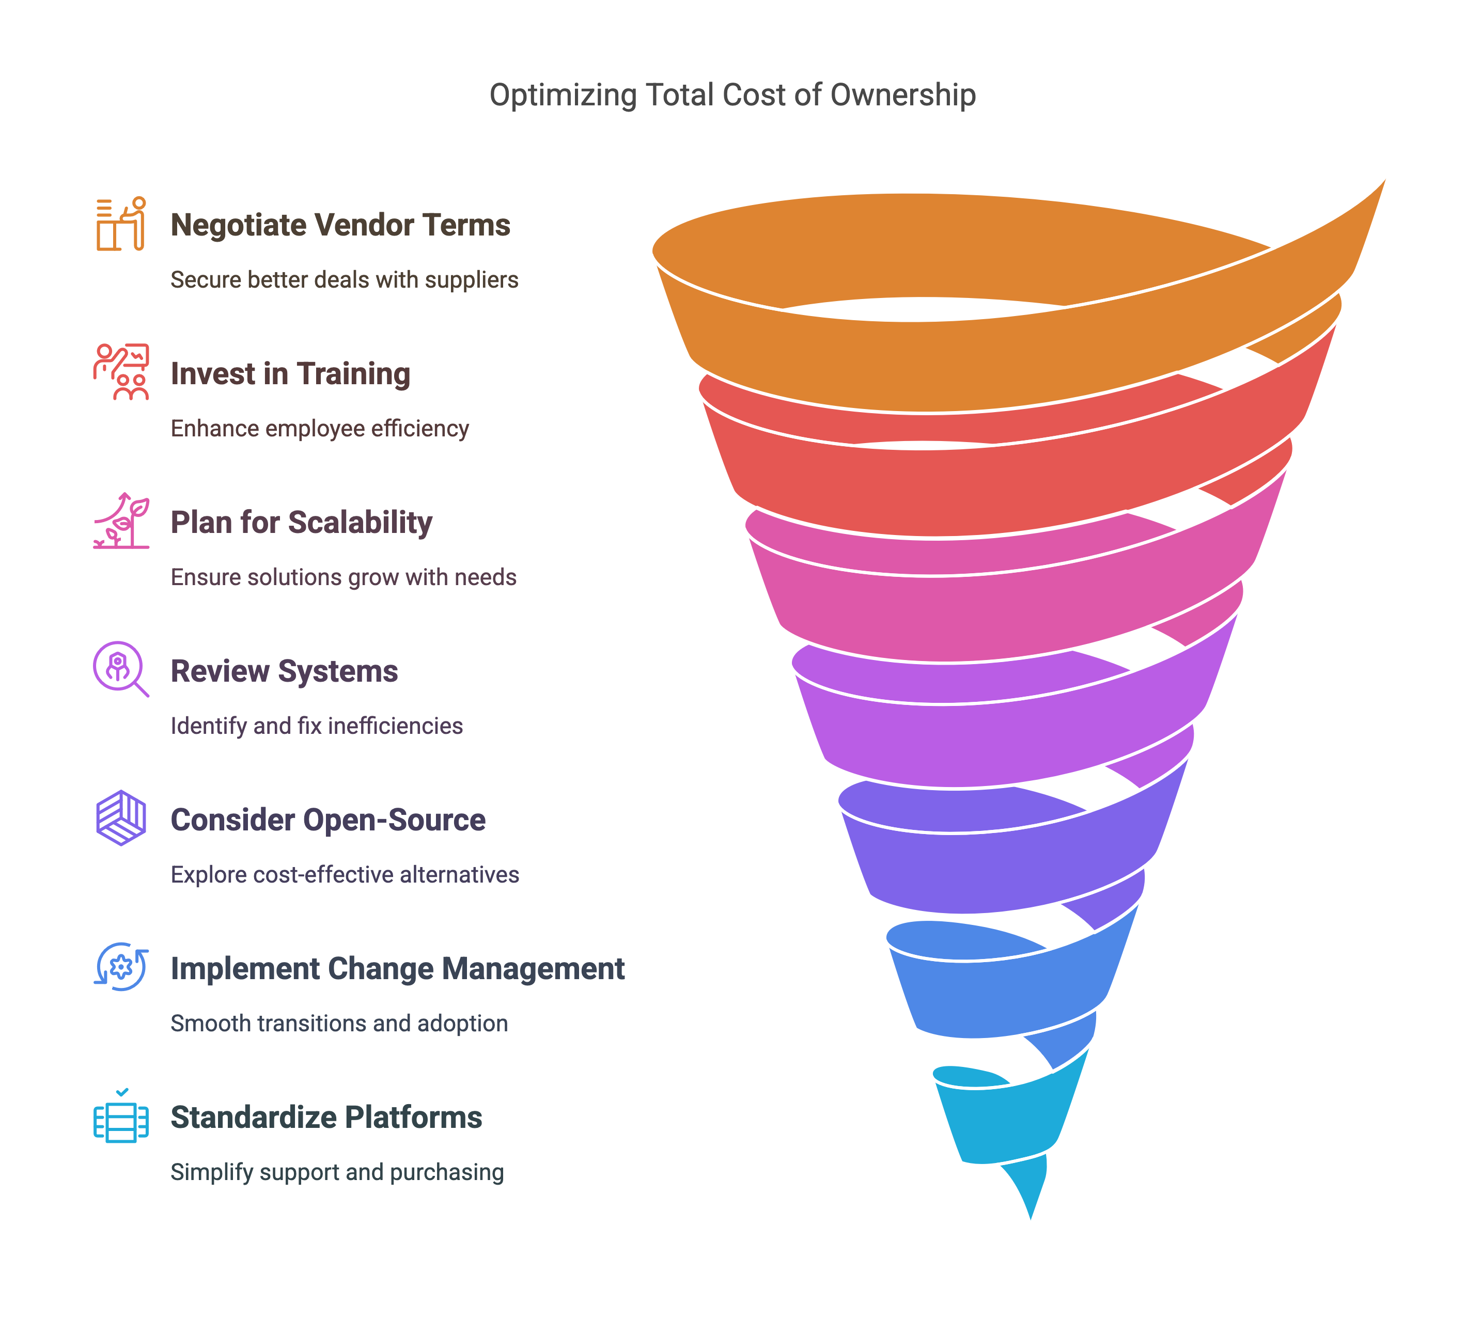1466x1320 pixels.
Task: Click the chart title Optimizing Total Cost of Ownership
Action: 732,95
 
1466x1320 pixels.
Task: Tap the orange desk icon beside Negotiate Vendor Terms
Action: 121,224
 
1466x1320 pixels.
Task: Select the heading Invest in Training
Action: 290,373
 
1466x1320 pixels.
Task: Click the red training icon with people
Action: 121,372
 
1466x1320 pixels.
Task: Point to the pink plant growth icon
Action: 121,521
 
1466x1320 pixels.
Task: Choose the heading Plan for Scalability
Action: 301,522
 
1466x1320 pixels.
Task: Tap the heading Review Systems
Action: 284,671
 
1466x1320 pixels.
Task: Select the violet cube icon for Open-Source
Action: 121,818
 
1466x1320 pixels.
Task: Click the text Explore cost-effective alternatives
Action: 345,875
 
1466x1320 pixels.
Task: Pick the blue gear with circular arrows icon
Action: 121,967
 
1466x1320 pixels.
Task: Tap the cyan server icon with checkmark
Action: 121,1117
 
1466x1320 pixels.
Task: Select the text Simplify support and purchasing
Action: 337,1172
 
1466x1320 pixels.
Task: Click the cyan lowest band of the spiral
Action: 1008,1124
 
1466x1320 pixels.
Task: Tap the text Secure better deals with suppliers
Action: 344,280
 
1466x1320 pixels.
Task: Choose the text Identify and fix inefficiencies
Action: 316,726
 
